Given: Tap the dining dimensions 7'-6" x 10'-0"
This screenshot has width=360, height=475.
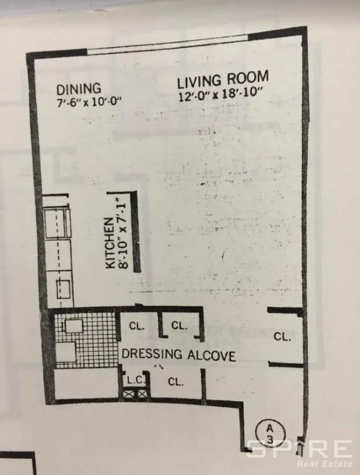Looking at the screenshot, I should coord(89,102).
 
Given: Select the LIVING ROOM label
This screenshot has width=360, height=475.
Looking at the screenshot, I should coord(222,80).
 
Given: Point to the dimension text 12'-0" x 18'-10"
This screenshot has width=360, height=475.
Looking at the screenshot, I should coord(221,97).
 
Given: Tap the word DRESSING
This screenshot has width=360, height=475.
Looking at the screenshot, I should coord(151,354).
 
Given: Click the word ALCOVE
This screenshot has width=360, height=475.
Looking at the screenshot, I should coord(210,355).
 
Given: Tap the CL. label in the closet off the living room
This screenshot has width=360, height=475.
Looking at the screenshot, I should coord(282,336).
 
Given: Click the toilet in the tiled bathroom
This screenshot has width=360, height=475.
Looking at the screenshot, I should coord(73,325).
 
